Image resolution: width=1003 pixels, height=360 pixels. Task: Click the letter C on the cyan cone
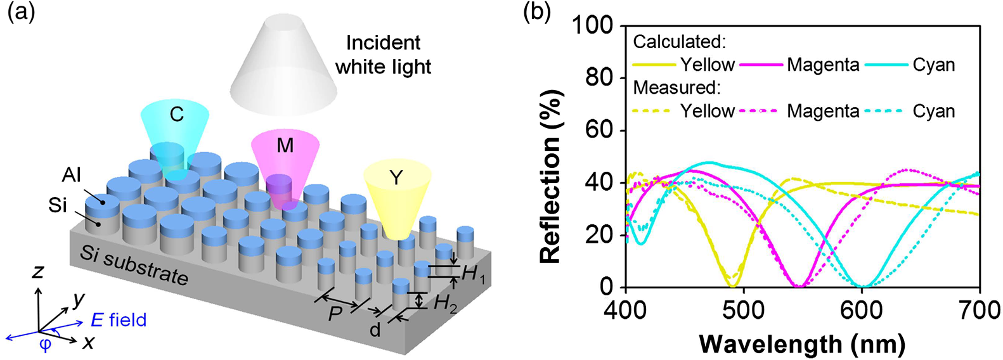(x=177, y=115)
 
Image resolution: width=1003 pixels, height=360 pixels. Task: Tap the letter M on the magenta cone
(x=285, y=145)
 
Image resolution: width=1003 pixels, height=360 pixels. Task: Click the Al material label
(x=72, y=175)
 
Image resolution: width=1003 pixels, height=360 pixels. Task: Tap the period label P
(x=335, y=314)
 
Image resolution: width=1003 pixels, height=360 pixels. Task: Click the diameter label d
(x=375, y=330)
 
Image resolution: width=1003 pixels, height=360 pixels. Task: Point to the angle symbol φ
(x=45, y=345)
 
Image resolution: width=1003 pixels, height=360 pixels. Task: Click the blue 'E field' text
(x=119, y=319)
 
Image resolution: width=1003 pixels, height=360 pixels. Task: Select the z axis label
(x=38, y=271)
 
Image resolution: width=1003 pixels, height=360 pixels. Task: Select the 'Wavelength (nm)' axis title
(x=803, y=344)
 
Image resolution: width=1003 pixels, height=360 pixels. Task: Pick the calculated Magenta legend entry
(x=799, y=65)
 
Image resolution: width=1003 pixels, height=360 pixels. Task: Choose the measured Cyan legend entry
(x=910, y=111)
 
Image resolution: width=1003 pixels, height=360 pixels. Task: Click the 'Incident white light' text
(x=384, y=55)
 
